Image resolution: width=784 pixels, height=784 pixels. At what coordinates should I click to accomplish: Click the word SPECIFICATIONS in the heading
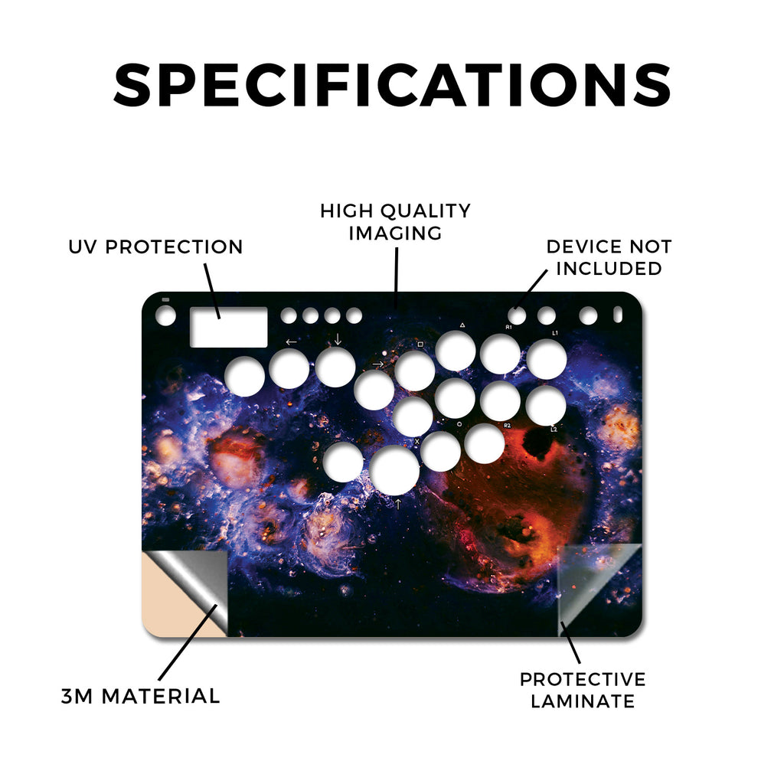[392, 84]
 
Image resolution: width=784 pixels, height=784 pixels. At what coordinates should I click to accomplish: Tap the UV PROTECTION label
[155, 247]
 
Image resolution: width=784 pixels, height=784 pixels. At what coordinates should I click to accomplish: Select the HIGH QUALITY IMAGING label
[396, 222]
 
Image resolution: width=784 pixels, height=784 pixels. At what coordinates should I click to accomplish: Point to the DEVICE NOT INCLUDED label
[609, 257]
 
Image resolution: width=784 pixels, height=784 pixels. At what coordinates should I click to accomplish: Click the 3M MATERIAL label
[141, 697]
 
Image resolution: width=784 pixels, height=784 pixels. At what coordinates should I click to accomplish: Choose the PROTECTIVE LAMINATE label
[583, 691]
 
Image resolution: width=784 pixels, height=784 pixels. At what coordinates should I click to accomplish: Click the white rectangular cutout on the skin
[228, 327]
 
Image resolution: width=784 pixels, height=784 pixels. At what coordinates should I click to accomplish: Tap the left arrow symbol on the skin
[291, 342]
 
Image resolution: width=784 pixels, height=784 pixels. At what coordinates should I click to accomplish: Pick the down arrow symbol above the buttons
[338, 339]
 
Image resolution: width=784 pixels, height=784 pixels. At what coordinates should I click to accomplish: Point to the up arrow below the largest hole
[398, 504]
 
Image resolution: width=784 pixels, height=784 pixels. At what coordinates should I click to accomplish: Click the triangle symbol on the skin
[462, 325]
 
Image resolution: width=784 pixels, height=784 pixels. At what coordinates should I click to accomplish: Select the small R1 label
[508, 328]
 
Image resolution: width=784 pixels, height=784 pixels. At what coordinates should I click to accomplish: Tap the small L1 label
[555, 333]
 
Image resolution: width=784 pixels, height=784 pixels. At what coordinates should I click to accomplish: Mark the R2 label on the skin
[508, 426]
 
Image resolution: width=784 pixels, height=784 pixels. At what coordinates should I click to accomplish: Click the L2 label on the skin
[554, 430]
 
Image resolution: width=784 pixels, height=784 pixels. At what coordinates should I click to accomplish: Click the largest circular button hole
[394, 471]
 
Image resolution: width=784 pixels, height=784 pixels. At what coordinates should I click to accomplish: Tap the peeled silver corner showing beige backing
[185, 593]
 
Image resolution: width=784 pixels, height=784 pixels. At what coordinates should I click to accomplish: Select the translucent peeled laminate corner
[599, 589]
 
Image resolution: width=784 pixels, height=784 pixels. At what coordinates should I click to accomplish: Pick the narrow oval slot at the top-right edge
[618, 315]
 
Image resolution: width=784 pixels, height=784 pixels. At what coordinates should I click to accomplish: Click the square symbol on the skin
[420, 345]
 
